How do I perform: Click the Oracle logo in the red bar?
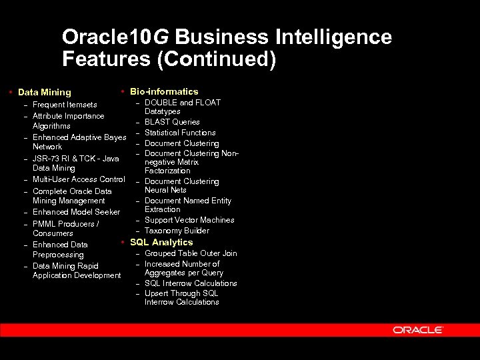pyautogui.click(x=417, y=330)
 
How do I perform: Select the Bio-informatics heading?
pyautogui.click(x=164, y=91)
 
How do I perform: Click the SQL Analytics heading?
pyautogui.click(x=161, y=242)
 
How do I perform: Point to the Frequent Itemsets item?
pyautogui.click(x=65, y=105)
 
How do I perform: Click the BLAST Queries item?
pyautogui.click(x=172, y=122)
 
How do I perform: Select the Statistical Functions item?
pyautogui.click(x=180, y=133)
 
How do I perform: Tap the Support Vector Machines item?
pyautogui.click(x=189, y=220)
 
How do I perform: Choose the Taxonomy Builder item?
pyautogui.click(x=177, y=231)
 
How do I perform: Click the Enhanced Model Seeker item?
pyautogui.click(x=76, y=212)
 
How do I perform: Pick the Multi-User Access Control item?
pyautogui.click(x=79, y=179)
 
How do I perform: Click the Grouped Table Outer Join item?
pyautogui.click(x=191, y=253)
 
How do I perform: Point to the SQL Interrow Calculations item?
pyautogui.click(x=191, y=283)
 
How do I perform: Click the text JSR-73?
pyautogui.click(x=45, y=159)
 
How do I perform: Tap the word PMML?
pyautogui.click(x=44, y=224)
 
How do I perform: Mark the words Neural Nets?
pyautogui.click(x=165, y=190)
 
